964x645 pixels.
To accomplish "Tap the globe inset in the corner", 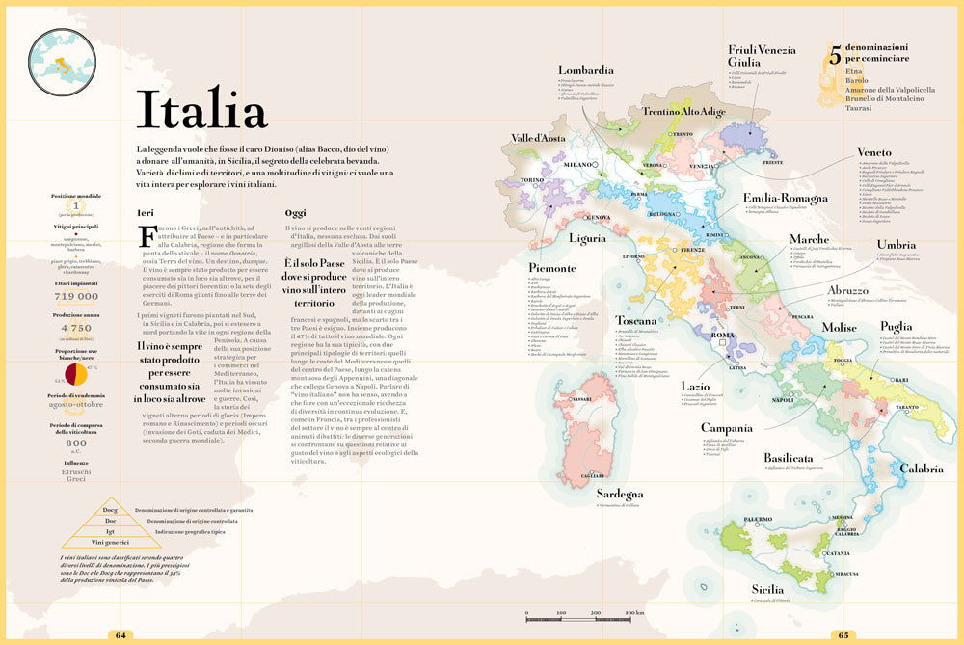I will pyautogui.click(x=62, y=63).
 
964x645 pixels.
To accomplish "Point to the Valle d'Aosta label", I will pyautogui.click(x=538, y=139).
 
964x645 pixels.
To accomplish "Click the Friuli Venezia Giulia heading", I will pyautogui.click(x=762, y=56).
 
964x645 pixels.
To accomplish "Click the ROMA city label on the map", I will pyautogui.click(x=722, y=336).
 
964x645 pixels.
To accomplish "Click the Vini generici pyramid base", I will pyautogui.click(x=111, y=543).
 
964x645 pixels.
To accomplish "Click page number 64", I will pyautogui.click(x=121, y=635).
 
